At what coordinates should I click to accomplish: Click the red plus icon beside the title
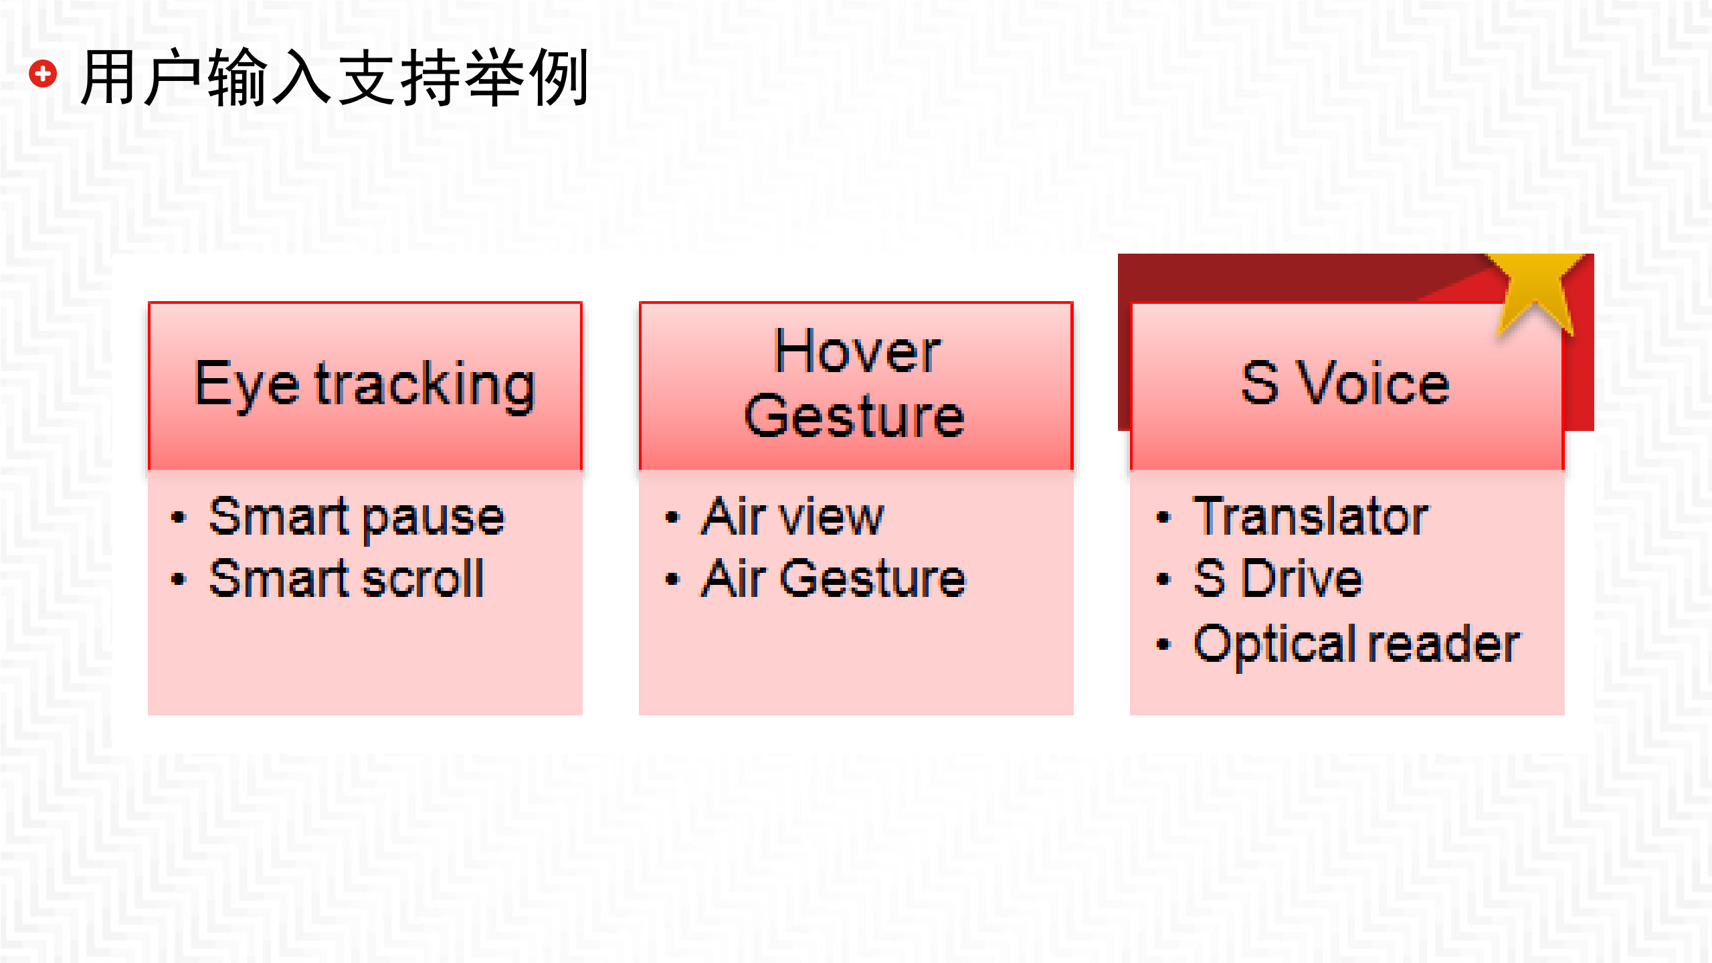(x=43, y=74)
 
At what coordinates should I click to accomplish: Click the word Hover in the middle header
(x=857, y=352)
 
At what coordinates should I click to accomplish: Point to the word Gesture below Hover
(x=854, y=416)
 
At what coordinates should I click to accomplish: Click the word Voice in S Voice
(x=1373, y=383)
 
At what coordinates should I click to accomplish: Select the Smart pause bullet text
(x=357, y=517)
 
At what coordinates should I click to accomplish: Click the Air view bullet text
(x=792, y=517)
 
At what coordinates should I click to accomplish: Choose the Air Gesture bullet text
(x=834, y=579)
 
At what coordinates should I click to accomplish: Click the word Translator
(x=1311, y=517)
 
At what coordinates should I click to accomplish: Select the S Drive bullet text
(x=1278, y=579)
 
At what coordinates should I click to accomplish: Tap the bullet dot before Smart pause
(x=178, y=517)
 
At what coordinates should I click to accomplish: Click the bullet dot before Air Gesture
(x=672, y=580)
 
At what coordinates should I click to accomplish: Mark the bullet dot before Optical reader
(x=1163, y=644)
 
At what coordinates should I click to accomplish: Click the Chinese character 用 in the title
(x=108, y=78)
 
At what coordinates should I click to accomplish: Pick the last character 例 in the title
(x=558, y=78)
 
